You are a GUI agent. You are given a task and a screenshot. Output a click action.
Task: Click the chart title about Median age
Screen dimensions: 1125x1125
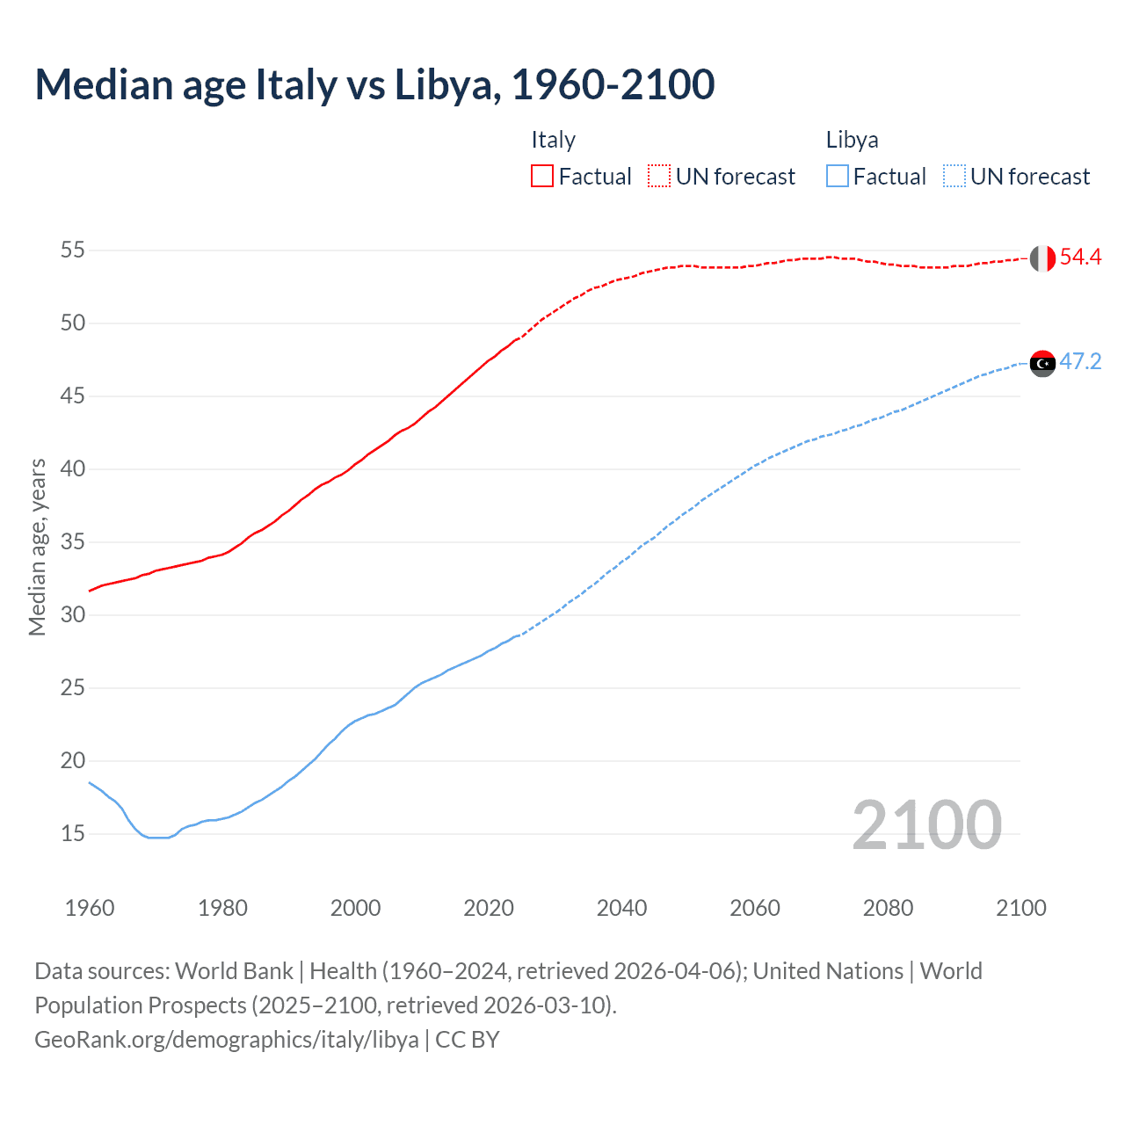click(x=374, y=84)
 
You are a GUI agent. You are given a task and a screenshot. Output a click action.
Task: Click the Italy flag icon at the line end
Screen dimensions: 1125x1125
click(x=1042, y=258)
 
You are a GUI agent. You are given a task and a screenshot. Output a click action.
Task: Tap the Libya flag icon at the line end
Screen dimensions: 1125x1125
click(x=1042, y=363)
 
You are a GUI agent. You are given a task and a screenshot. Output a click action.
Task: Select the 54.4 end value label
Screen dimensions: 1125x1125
click(x=1080, y=258)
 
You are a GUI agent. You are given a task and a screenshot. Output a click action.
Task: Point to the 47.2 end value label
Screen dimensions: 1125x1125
click(x=1080, y=362)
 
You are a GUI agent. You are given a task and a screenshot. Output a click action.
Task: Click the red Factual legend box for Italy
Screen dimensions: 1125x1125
click(x=542, y=177)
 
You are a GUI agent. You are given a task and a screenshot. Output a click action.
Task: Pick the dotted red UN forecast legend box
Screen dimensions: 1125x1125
click(x=659, y=177)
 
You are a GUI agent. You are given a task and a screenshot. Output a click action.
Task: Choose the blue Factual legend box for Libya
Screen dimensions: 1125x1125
click(x=838, y=177)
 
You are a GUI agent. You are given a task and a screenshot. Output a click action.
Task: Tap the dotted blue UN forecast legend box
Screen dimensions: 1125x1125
click(x=954, y=177)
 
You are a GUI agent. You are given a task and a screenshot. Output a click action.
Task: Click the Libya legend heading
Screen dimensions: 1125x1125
click(x=852, y=140)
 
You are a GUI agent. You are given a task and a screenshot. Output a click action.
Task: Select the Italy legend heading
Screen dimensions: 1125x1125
click(x=553, y=140)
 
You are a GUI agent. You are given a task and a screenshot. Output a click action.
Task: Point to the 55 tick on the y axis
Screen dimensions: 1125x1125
click(x=73, y=250)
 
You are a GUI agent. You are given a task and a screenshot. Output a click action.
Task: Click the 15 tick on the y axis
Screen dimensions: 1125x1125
click(x=73, y=833)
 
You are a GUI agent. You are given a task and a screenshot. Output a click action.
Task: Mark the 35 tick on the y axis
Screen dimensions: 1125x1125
click(x=73, y=541)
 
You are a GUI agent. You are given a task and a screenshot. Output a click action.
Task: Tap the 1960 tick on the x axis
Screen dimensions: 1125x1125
click(x=90, y=908)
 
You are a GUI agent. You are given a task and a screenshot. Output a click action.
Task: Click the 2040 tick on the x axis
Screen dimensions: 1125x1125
click(x=621, y=908)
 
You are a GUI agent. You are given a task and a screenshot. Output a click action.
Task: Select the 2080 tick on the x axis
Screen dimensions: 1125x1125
click(x=888, y=908)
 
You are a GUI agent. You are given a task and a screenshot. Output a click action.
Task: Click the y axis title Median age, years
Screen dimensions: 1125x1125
click(x=37, y=547)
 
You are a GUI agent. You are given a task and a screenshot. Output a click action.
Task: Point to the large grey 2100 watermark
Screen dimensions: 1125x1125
click(x=926, y=825)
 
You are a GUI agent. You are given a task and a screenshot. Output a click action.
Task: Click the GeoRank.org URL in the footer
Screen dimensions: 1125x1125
click(x=227, y=1040)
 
